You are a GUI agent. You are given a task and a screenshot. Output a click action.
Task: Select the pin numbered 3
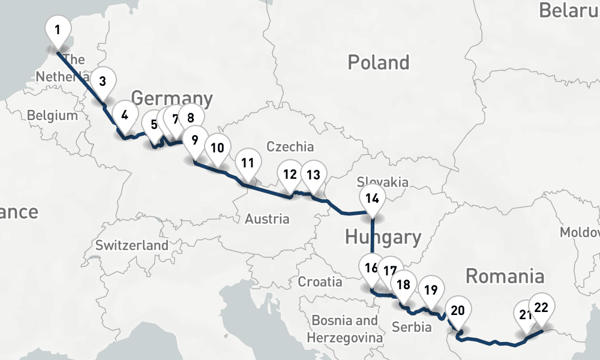click(103, 81)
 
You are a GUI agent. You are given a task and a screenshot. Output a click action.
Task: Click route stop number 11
click(248, 163)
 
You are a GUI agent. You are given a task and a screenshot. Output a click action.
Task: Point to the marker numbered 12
click(290, 175)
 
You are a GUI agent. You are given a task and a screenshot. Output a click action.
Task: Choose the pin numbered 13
click(313, 175)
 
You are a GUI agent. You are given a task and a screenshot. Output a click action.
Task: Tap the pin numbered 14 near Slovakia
click(372, 199)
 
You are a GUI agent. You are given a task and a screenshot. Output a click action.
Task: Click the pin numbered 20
click(458, 311)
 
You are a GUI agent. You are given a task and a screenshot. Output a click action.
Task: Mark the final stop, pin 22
click(541, 308)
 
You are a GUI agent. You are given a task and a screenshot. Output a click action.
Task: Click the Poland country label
click(379, 62)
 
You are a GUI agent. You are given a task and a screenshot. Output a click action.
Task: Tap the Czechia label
click(290, 146)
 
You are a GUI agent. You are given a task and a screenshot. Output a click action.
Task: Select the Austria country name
click(267, 219)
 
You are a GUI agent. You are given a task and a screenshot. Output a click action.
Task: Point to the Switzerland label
click(132, 245)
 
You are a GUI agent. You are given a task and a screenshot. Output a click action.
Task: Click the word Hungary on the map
click(383, 238)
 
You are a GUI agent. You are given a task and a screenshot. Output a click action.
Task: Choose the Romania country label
click(505, 277)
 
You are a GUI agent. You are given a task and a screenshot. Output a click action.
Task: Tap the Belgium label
click(52, 115)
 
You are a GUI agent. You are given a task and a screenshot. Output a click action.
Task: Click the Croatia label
click(320, 281)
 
